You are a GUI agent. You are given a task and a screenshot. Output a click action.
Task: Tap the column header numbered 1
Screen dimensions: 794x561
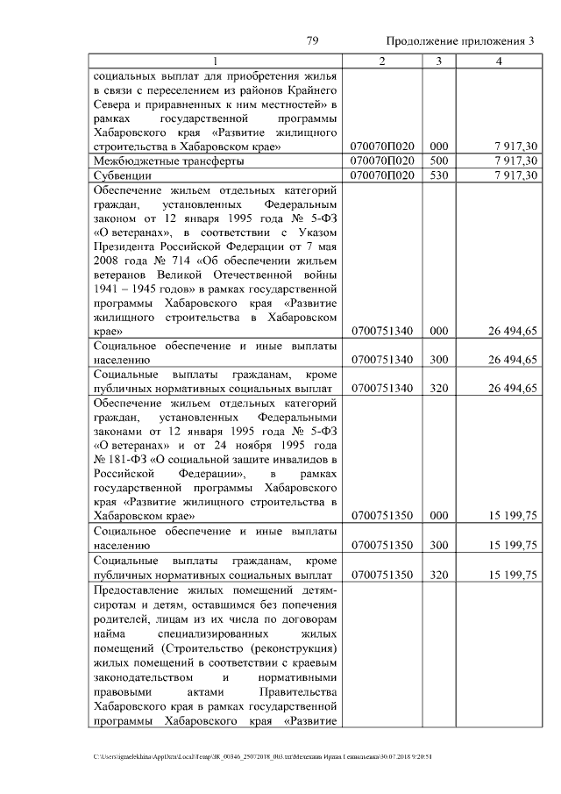(215, 61)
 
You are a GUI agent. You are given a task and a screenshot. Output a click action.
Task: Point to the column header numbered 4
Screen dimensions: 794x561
(499, 61)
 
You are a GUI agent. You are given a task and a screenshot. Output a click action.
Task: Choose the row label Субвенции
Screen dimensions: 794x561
(122, 175)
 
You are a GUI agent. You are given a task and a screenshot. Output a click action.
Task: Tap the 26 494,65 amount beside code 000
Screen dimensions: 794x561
(513, 331)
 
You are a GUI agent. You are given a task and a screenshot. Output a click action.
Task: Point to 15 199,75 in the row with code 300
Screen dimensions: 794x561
(513, 545)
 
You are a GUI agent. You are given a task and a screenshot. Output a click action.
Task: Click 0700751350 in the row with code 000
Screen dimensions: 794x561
(381, 516)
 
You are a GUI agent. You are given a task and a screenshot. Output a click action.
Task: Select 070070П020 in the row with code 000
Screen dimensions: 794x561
(381, 147)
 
